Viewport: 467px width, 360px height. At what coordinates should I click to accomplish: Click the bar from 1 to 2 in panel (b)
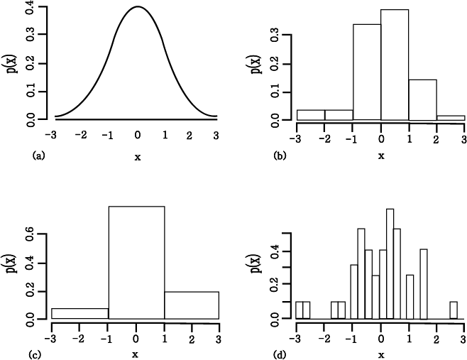coord(422,99)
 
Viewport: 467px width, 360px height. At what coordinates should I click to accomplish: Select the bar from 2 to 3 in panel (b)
coord(450,118)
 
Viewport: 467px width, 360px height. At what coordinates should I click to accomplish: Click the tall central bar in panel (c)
coord(136,263)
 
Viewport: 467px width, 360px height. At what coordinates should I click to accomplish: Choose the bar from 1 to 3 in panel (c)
coord(192,305)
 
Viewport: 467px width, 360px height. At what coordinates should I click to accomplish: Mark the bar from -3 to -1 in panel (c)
coord(80,313)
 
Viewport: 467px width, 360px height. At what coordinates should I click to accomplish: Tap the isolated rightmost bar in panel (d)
coord(453,310)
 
